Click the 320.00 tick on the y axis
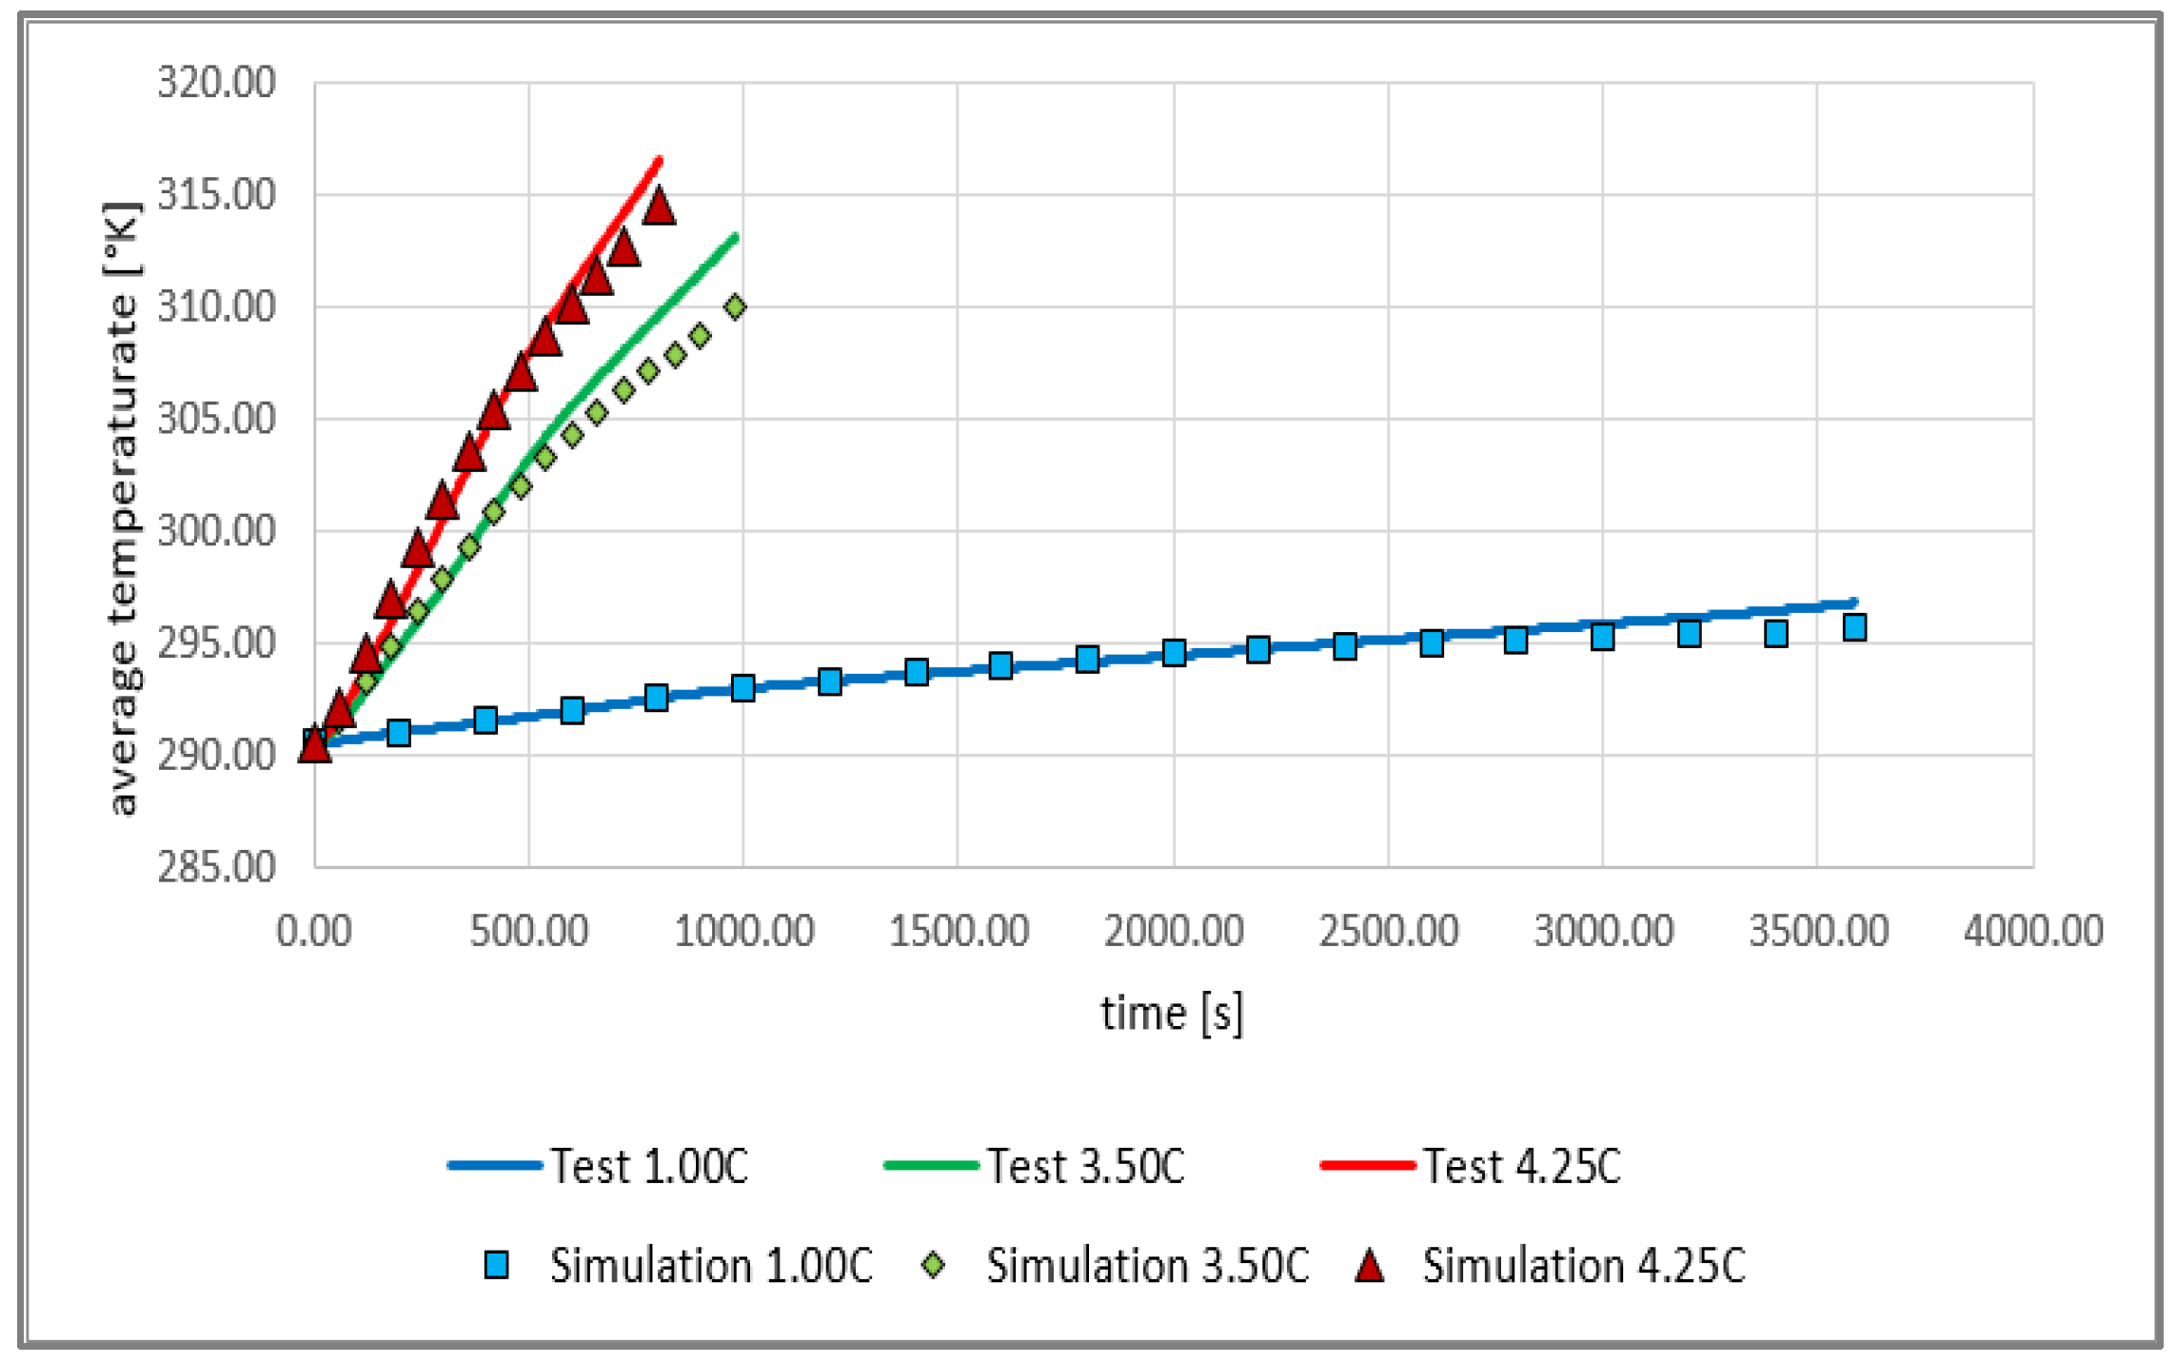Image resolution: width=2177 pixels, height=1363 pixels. tap(216, 83)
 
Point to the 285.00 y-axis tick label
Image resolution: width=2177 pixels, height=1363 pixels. tap(216, 867)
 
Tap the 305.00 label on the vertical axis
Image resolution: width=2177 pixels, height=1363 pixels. tap(216, 419)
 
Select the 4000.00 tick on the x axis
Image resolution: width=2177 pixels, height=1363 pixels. tap(2033, 931)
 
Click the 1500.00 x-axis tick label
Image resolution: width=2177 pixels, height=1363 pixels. tap(959, 931)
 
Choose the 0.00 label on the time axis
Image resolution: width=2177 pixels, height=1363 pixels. tap(314, 931)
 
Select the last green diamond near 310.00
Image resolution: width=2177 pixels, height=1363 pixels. tap(735, 306)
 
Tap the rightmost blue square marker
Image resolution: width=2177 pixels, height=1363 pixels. tap(1854, 627)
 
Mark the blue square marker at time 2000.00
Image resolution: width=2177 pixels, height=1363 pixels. tap(1174, 653)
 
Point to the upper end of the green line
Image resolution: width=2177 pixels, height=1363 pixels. tap(736, 236)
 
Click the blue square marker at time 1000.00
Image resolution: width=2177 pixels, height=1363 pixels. tap(743, 687)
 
